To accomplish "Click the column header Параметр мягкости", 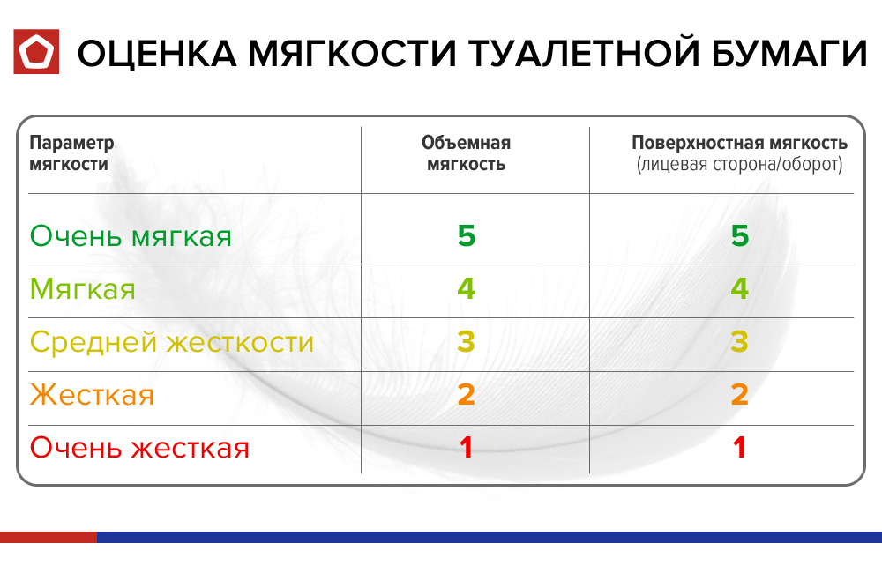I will pos(71,153).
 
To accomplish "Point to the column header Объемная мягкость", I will pos(466,153).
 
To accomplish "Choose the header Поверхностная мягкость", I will pos(739,144).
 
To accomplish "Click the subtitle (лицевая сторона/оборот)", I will pos(739,165).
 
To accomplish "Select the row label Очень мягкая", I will pos(131,236).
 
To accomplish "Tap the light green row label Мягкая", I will pos(83,289).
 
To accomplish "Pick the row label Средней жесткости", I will pos(172,342).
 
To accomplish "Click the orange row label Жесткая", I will pos(92,395).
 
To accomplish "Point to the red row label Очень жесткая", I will pos(139,448).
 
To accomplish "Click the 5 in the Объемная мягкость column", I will pos(466,236).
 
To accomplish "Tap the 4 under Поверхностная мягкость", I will pos(739,289).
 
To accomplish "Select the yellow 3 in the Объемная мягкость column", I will pos(466,342).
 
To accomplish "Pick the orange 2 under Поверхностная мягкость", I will pos(739,395).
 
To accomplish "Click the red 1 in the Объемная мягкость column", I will pos(466,448).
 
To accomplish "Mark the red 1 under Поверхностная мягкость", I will pos(739,448).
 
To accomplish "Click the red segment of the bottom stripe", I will pos(48,537).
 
